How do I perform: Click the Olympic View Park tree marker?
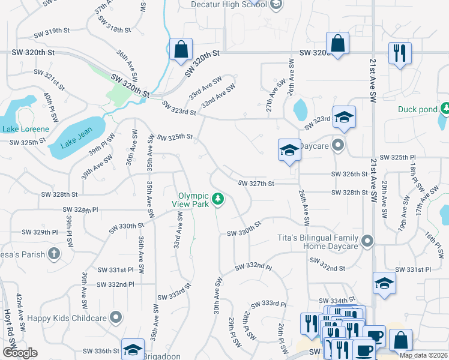pyautogui.click(x=219, y=198)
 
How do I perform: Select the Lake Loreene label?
pyautogui.click(x=23, y=128)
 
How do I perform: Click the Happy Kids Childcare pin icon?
pyautogui.click(x=116, y=317)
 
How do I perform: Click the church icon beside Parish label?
pyautogui.click(x=54, y=253)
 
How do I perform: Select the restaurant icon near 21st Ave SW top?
pyautogui.click(x=399, y=53)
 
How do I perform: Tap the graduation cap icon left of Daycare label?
pyautogui.click(x=289, y=150)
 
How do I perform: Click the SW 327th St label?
pyautogui.click(x=256, y=184)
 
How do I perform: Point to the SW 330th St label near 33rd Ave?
pyautogui.click(x=127, y=229)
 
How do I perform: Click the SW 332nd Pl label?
pyautogui.click(x=253, y=266)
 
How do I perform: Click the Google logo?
pyautogui.click(x=19, y=353)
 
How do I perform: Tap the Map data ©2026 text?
pyautogui.click(x=423, y=355)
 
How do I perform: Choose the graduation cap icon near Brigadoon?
pyautogui.click(x=133, y=350)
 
